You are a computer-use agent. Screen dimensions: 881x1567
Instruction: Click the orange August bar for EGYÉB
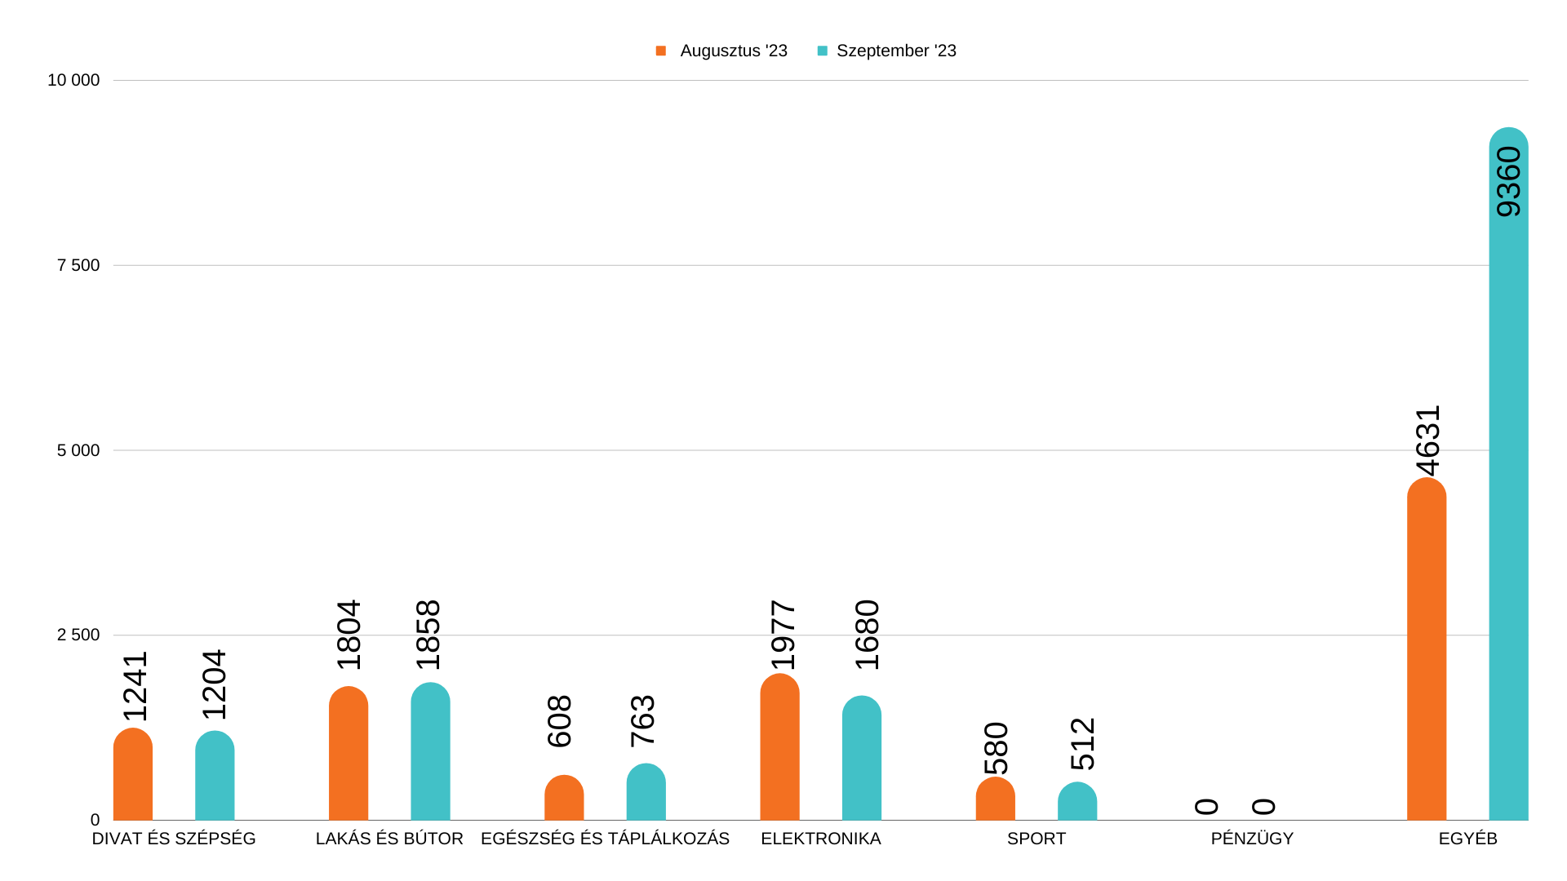pyautogui.click(x=1426, y=653)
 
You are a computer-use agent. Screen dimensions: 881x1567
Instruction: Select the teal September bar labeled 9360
pyautogui.click(x=1508, y=489)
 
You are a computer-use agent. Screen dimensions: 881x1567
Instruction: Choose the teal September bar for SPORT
pyautogui.click(x=1076, y=803)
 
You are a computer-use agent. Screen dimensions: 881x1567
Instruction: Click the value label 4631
pyautogui.click(x=1428, y=440)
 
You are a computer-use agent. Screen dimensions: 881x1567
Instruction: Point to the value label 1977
pyautogui.click(x=783, y=635)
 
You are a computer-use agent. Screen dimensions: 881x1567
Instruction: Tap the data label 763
pyautogui.click(x=643, y=721)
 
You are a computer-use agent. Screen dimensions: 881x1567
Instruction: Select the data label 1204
pyautogui.click(x=214, y=684)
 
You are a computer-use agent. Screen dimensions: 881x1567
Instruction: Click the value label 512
pyautogui.click(x=1082, y=744)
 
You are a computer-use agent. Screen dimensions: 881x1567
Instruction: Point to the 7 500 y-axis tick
pyautogui.click(x=78, y=265)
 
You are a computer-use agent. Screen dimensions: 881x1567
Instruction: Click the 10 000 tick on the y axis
pyautogui.click(x=73, y=80)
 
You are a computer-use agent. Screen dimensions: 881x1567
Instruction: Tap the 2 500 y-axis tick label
pyautogui.click(x=78, y=635)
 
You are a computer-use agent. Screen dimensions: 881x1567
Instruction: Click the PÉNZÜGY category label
pyautogui.click(x=1252, y=839)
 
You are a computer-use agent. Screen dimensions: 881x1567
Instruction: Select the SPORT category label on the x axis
pyautogui.click(x=1036, y=839)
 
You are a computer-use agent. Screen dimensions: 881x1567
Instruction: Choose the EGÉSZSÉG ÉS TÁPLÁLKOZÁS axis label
pyautogui.click(x=605, y=839)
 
